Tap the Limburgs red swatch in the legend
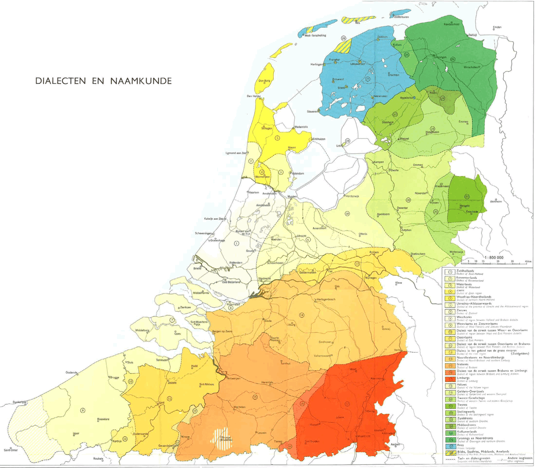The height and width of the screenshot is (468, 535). tap(451, 379)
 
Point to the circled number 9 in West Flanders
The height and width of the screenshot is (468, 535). tap(82, 410)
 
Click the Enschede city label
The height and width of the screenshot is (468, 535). tap(472, 211)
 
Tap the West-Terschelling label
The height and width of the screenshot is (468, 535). tap(315, 35)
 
